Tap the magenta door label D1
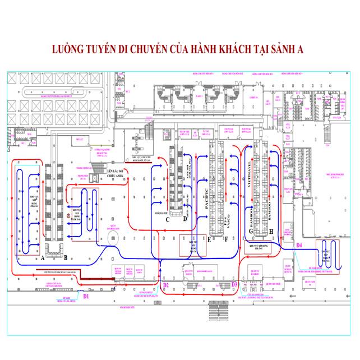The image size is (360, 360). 86,296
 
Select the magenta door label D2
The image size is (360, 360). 165,285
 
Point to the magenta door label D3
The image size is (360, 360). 235,284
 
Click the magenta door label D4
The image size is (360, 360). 299,246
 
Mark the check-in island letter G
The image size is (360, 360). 251,230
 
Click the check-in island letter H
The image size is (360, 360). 271,230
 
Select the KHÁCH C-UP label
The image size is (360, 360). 161,214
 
